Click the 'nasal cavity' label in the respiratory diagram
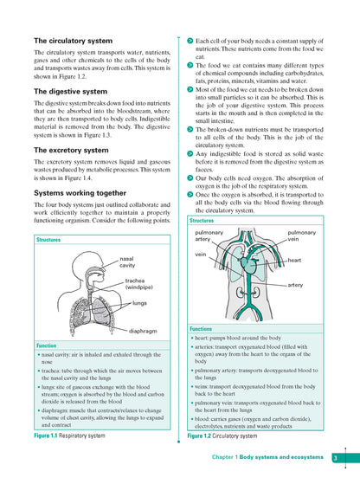[x=128, y=261]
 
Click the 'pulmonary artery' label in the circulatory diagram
[x=209, y=236]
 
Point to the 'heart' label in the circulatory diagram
[x=294, y=260]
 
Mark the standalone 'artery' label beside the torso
[x=295, y=284]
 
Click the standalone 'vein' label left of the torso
[x=201, y=255]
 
